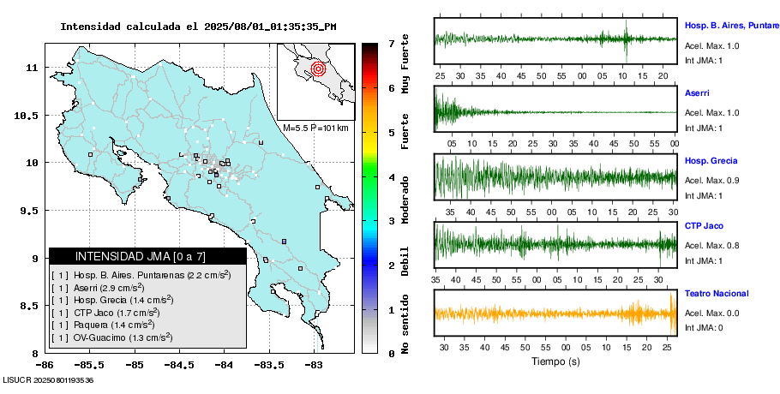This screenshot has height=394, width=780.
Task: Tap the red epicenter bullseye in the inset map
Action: (x=318, y=67)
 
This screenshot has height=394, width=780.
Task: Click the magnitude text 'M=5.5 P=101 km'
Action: (x=315, y=128)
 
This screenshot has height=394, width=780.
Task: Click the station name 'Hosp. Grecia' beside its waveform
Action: (x=711, y=160)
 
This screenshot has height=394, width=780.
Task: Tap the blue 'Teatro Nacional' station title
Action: (x=717, y=293)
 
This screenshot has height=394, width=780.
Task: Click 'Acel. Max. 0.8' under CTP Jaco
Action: (x=711, y=246)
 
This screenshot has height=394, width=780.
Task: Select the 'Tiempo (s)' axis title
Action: (x=555, y=362)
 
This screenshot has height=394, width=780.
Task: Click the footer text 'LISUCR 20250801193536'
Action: (x=48, y=379)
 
